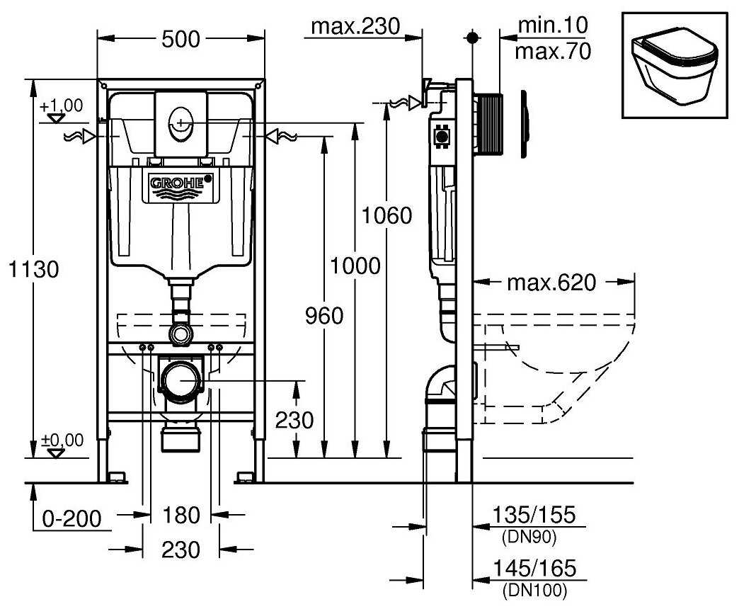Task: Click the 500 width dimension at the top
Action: [181, 40]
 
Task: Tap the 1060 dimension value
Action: [386, 215]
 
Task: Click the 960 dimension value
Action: [325, 316]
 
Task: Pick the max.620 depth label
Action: [551, 283]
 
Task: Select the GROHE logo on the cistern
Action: [181, 183]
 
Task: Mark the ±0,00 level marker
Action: [62, 440]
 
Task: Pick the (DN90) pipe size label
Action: [529, 537]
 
